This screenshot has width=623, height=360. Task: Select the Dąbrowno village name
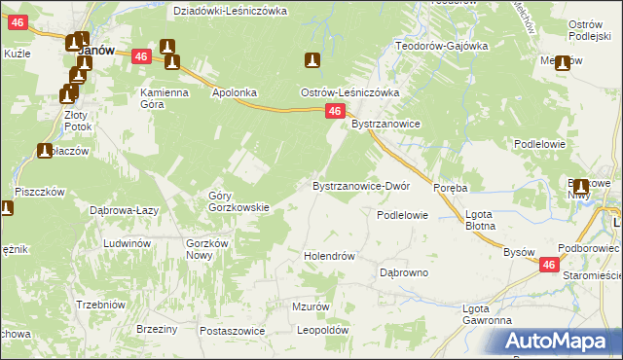point(404,273)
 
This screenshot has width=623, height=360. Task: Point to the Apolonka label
point(235,92)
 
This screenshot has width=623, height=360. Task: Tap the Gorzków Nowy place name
point(206,248)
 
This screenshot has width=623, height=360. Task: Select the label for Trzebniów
point(101,305)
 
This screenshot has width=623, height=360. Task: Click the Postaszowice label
point(233,331)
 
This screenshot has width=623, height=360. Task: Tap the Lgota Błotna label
point(481,220)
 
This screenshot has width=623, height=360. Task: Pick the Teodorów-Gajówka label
point(441,46)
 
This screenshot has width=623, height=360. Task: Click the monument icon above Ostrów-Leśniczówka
point(312,61)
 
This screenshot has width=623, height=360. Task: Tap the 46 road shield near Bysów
point(550,265)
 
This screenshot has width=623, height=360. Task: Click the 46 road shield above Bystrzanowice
point(334,113)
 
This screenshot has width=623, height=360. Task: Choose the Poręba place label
point(451,188)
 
